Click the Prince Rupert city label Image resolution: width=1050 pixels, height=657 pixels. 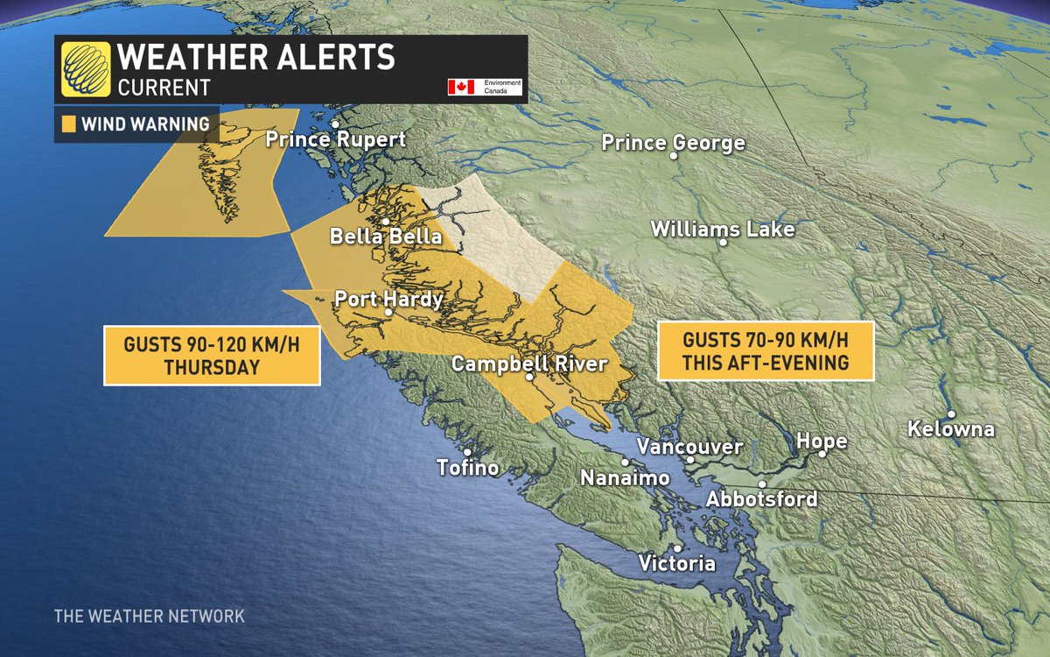point(336,140)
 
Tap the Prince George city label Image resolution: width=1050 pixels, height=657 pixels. point(673,143)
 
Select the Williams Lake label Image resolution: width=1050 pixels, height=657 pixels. point(723,230)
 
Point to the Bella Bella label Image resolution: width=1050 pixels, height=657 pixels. point(386,237)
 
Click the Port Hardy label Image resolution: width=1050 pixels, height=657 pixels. point(388,300)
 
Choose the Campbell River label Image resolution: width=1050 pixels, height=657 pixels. point(528,364)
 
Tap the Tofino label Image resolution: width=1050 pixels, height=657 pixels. point(468,468)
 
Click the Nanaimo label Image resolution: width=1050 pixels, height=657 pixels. point(625,478)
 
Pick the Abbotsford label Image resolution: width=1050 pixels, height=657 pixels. point(762,498)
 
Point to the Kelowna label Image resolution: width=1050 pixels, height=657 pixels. point(951,429)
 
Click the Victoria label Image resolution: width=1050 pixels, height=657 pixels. point(676,563)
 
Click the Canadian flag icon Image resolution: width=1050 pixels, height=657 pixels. point(460,87)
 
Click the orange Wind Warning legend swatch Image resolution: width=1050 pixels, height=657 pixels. point(69,124)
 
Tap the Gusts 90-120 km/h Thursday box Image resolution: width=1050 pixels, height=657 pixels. point(212,356)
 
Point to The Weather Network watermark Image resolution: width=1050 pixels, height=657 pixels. point(149,616)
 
